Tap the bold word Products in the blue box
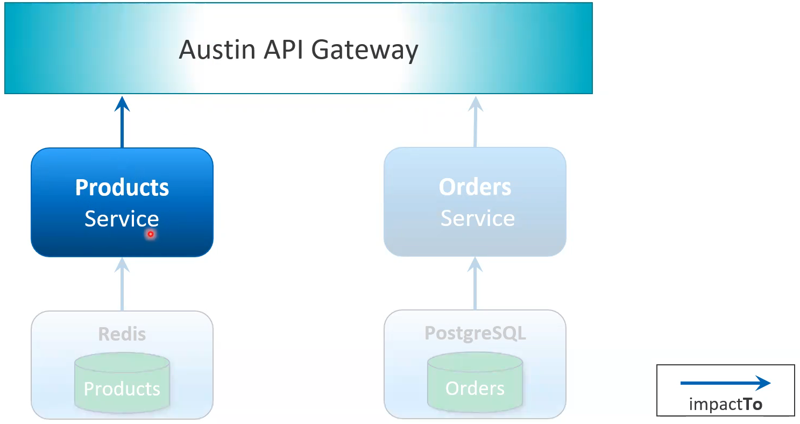coord(122,188)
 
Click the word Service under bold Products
coord(122,219)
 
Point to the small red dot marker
coord(151,234)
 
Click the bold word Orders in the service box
coord(475,187)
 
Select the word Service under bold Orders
coord(478,218)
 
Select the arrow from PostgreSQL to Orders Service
coord(475,285)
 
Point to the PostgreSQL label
coord(475,333)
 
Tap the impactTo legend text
coord(725,404)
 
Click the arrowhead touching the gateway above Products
coord(123,103)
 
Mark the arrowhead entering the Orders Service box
coord(475,264)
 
